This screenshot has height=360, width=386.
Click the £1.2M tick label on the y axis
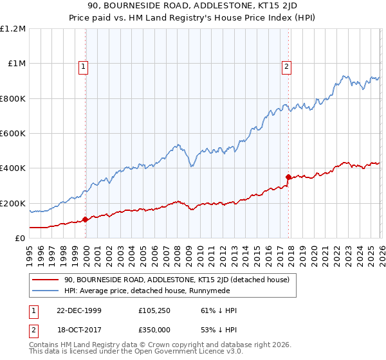pyautogui.click(x=13, y=29)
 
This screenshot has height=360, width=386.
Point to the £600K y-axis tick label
pyautogui.click(x=13, y=134)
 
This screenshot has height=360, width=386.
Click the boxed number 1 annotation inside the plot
pyautogui.click(x=85, y=65)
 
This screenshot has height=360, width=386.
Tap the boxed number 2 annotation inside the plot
pyautogui.click(x=286, y=65)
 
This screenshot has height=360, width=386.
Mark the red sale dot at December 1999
pyautogui.click(x=86, y=220)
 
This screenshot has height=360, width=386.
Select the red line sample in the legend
pyautogui.click(x=46, y=280)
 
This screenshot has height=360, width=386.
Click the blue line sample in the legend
pyautogui.click(x=46, y=291)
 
